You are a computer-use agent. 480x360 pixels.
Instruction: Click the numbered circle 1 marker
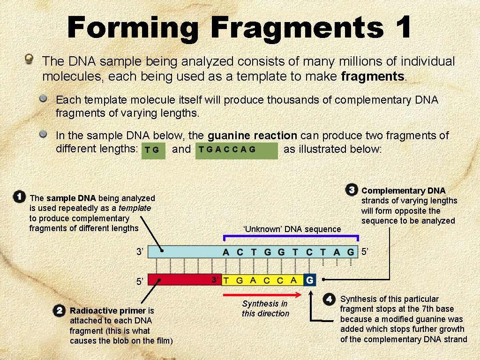click(x=19, y=196)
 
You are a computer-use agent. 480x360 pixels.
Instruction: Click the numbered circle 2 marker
click(x=59, y=310)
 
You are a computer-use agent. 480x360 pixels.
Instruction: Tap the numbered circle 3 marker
click(x=352, y=190)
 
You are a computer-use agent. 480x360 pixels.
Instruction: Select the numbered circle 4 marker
click(x=329, y=299)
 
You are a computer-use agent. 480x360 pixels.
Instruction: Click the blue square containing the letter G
click(x=309, y=280)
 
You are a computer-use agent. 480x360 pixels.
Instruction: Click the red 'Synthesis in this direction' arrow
click(x=262, y=295)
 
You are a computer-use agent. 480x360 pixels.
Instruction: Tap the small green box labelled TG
click(x=153, y=150)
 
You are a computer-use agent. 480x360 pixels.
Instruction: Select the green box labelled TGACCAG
click(x=236, y=150)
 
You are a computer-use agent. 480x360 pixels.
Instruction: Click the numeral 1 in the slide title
click(x=402, y=27)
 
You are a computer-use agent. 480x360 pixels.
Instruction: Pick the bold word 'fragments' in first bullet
click(x=373, y=76)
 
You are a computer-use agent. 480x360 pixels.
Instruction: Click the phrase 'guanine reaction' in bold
click(x=252, y=136)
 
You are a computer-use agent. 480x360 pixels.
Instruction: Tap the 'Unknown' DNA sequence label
click(x=292, y=229)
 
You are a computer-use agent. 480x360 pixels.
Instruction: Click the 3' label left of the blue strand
click(x=140, y=252)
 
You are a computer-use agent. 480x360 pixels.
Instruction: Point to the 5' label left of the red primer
click(x=140, y=282)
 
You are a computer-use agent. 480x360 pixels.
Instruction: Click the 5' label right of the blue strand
click(x=365, y=252)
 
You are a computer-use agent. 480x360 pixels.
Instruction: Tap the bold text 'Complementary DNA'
click(x=403, y=190)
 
